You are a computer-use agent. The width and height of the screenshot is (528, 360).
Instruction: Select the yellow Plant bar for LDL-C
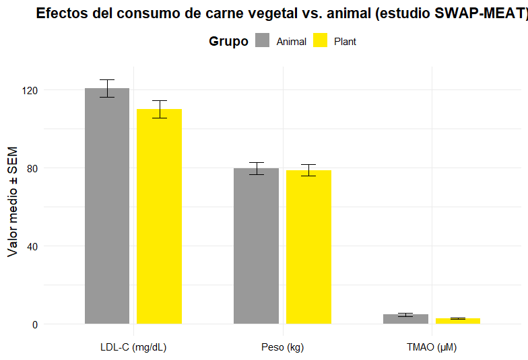point(160,216)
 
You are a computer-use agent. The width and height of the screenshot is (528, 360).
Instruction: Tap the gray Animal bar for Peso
point(257,246)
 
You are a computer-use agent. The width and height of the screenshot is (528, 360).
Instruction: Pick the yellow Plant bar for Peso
point(308,247)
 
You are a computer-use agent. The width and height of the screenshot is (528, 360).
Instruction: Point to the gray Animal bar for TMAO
point(405,319)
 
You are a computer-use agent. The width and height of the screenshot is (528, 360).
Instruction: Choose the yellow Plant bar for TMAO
point(458,321)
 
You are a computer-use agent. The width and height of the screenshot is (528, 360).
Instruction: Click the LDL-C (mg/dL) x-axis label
point(133,348)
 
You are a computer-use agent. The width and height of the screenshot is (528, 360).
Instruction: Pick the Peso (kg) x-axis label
point(283,348)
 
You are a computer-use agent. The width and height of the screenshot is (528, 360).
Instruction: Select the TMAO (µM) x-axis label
point(432,348)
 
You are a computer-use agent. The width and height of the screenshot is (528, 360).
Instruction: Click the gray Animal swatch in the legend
point(262,41)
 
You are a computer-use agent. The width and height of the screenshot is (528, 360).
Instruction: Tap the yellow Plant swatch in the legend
point(320,41)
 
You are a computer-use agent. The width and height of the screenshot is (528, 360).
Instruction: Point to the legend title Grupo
point(228,42)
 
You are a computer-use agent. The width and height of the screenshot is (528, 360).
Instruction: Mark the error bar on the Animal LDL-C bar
point(107,88)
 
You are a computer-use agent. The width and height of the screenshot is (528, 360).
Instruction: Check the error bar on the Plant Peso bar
point(308,170)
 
